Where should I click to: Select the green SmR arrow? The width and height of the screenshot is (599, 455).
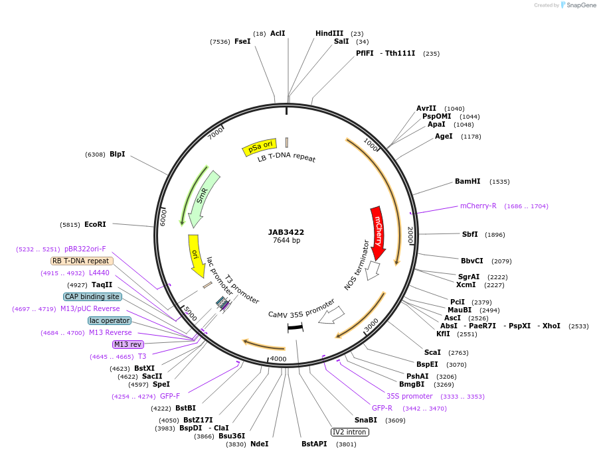(x=202, y=198)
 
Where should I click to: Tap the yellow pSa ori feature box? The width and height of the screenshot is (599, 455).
(x=258, y=148)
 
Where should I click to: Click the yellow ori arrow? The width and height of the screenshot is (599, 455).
(x=196, y=255)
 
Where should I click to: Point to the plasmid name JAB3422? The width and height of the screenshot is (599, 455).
(x=286, y=232)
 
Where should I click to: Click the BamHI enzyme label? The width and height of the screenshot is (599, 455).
(x=468, y=181)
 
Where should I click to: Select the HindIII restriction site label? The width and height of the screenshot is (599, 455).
(x=329, y=33)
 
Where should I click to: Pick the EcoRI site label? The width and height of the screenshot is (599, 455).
(x=95, y=224)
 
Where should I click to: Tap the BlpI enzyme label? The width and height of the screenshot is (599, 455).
(x=117, y=154)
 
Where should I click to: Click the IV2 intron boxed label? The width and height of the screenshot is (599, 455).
(x=350, y=432)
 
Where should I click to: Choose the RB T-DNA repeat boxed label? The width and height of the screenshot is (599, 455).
(x=82, y=261)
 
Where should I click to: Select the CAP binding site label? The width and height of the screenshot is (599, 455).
(x=93, y=296)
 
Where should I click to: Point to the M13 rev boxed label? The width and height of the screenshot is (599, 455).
(x=128, y=344)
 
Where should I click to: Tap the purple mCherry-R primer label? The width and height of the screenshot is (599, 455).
(x=478, y=206)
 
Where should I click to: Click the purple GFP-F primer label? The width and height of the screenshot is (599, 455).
(x=170, y=396)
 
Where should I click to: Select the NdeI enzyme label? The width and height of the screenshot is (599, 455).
(x=259, y=444)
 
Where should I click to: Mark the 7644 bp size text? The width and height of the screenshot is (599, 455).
(x=286, y=240)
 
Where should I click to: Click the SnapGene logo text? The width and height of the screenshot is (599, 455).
(x=580, y=5)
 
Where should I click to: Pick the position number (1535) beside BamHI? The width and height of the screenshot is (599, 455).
(x=499, y=182)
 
